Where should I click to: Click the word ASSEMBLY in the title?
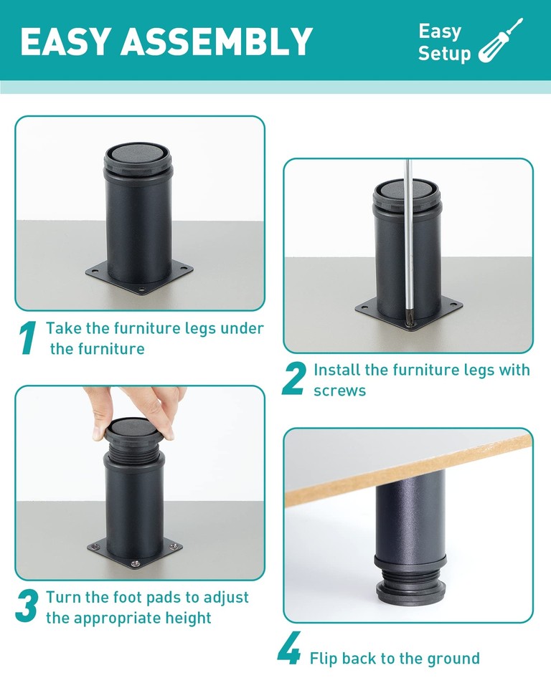point(217,42)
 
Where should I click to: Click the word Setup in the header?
point(444,54)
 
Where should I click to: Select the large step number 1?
point(27,338)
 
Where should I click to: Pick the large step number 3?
point(27,606)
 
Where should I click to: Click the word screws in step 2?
point(339,391)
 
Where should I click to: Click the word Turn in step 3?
point(62,597)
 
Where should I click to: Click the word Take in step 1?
point(62,328)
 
